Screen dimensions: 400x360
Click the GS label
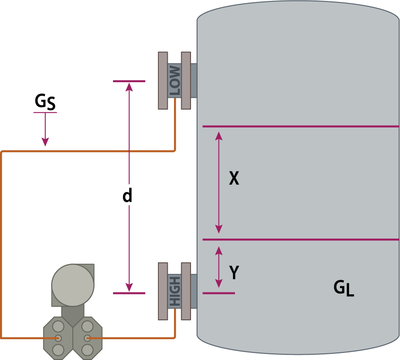45,102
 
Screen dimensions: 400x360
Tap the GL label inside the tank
344,288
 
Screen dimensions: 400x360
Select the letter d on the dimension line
127,195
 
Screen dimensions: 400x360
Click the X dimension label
234,178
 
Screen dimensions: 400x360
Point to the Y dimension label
234,272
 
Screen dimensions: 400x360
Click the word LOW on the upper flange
175,81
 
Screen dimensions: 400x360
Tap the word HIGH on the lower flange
175,291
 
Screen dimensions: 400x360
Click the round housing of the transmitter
73,285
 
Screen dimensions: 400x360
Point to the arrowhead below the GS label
45,142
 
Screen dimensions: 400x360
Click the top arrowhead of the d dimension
129,87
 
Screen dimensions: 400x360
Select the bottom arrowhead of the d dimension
129,287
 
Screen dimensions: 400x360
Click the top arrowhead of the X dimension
218,136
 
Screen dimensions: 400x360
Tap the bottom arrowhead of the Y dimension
218,283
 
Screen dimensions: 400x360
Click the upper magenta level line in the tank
301,126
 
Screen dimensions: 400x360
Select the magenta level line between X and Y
301,240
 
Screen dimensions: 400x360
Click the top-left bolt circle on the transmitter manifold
58,326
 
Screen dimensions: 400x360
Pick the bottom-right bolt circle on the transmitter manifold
87,350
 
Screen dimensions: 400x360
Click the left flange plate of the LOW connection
163,81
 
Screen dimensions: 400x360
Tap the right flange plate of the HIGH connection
186,291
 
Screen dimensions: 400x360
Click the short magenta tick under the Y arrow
218,293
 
